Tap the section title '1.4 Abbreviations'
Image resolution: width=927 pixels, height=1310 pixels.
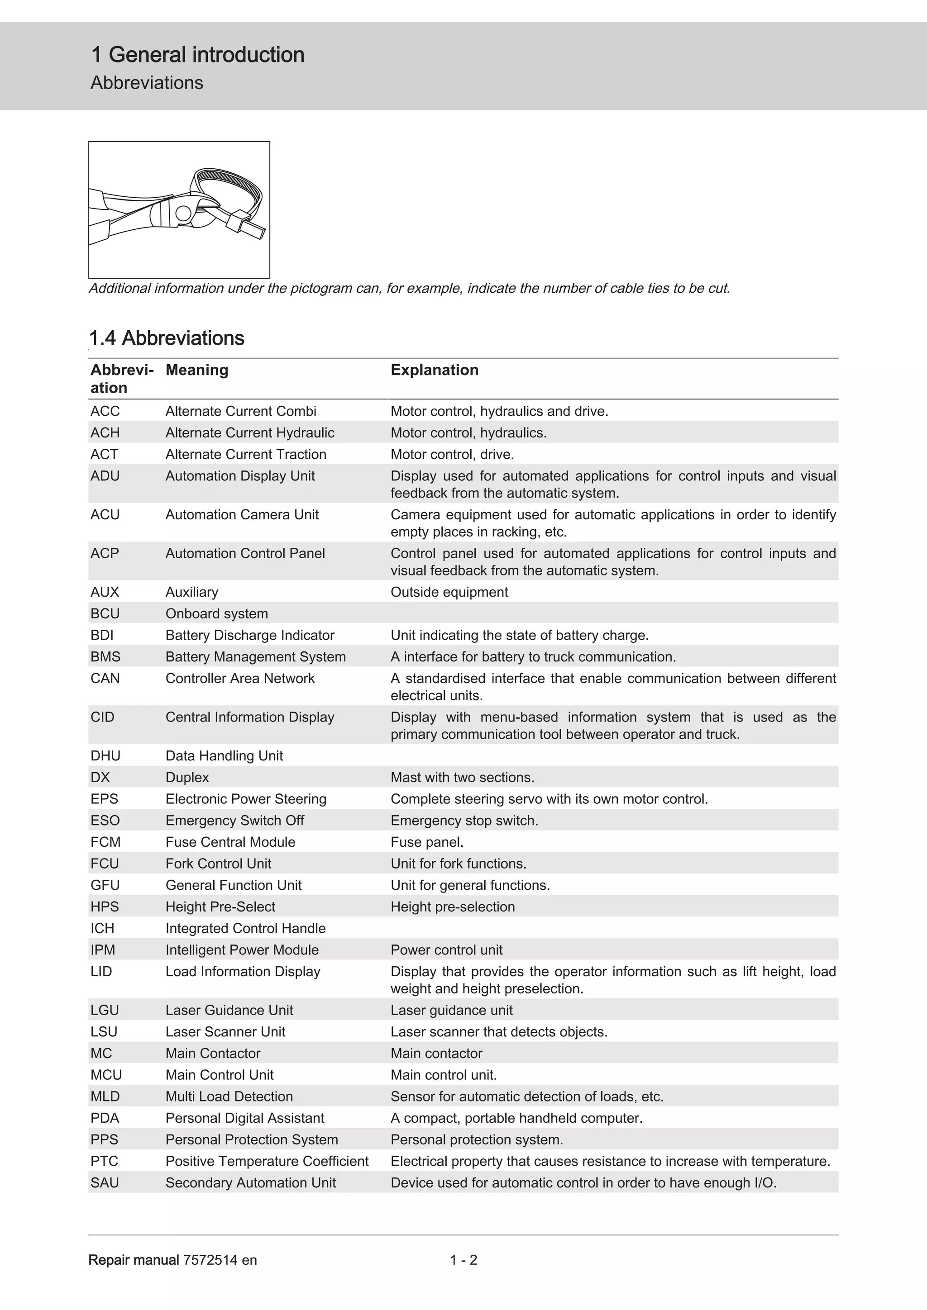pyautogui.click(x=167, y=338)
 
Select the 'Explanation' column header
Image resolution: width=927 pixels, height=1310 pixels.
pyautogui.click(x=435, y=370)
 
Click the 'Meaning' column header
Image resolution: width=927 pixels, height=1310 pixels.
pyautogui.click(x=197, y=370)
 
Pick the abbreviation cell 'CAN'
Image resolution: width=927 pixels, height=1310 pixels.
pyautogui.click(x=105, y=679)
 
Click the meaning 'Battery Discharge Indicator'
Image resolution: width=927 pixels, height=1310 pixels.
pyautogui.click(x=249, y=635)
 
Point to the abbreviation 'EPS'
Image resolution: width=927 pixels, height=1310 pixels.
pyautogui.click(x=105, y=799)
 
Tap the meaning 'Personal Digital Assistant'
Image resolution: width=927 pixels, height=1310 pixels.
pyautogui.click(x=245, y=1118)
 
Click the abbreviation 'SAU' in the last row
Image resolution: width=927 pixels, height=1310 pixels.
pyautogui.click(x=105, y=1183)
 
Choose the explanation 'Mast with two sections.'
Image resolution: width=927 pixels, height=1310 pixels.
pyautogui.click(x=462, y=777)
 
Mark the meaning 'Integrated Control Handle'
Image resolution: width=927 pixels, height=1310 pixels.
pyautogui.click(x=245, y=928)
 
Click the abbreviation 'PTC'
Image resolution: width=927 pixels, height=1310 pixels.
pyautogui.click(x=105, y=1161)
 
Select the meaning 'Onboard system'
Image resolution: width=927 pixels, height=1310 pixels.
pyautogui.click(x=216, y=614)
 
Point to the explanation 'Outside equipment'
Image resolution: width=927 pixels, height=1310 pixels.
pyautogui.click(x=449, y=592)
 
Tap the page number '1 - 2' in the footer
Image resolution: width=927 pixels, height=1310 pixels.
pyautogui.click(x=463, y=1260)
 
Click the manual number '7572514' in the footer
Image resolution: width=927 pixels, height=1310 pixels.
pyautogui.click(x=210, y=1260)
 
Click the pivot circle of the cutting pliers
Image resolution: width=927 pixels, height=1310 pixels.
pyautogui.click(x=183, y=214)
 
